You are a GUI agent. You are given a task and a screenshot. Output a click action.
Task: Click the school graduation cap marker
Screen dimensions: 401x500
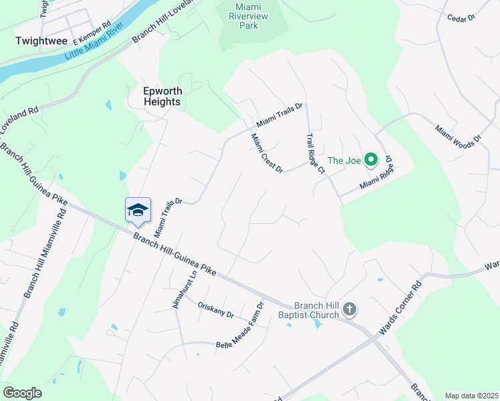[138, 210]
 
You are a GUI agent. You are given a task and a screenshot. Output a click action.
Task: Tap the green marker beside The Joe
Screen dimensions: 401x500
[371, 160]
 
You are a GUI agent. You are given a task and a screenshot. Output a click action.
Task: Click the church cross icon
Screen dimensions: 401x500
[349, 309]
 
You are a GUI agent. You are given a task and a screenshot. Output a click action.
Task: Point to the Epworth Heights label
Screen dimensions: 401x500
[162, 96]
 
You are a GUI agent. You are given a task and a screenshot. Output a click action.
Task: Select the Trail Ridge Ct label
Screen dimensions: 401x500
[315, 153]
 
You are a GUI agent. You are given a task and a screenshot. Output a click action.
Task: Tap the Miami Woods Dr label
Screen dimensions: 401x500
[458, 136]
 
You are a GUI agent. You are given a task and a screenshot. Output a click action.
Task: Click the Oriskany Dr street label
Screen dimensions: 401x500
[216, 309]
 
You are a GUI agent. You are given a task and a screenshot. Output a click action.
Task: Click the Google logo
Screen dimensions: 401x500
[22, 393]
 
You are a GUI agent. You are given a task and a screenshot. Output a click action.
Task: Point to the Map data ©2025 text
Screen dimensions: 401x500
[471, 396]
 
